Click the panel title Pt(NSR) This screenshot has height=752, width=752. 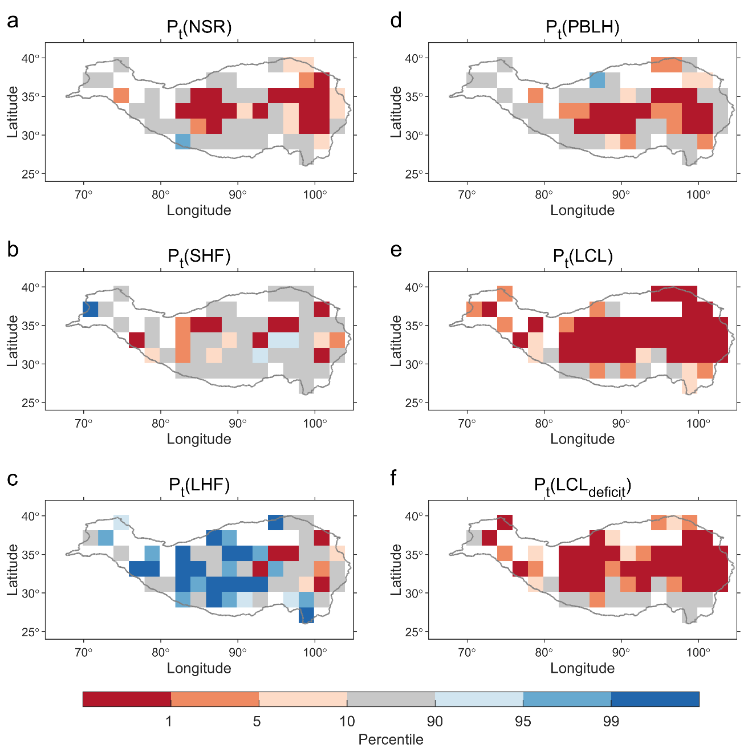[x=199, y=28]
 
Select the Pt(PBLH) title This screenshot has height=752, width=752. [x=582, y=28]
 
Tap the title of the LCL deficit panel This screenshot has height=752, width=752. [x=582, y=486]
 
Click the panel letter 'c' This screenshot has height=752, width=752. [x=13, y=479]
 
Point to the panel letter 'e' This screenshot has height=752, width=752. [x=396, y=250]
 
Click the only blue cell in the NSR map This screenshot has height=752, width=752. [x=182, y=141]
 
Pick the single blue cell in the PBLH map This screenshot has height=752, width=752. [x=597, y=80]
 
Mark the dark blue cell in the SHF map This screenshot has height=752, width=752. [x=90, y=309]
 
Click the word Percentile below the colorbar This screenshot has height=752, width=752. [x=391, y=739]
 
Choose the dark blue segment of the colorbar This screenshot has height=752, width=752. [x=655, y=699]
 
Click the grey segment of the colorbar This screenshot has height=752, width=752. [x=391, y=699]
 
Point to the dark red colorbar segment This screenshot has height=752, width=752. [x=127, y=699]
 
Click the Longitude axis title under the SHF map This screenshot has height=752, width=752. [x=199, y=439]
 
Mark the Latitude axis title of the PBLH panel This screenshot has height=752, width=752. [x=396, y=112]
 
